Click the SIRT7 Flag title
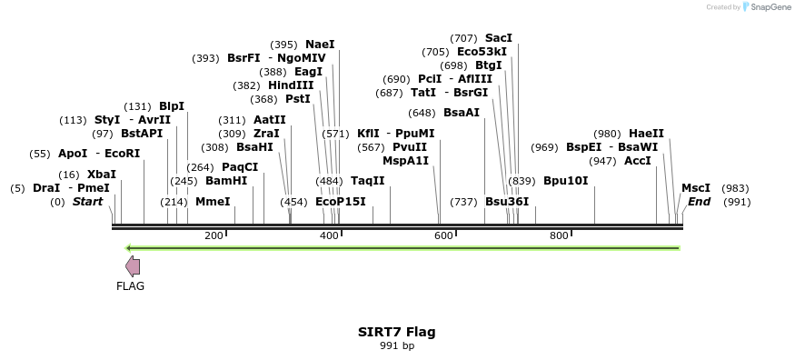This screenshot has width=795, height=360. [396, 332]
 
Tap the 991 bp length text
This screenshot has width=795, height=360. [396, 345]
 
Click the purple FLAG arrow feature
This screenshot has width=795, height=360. [133, 265]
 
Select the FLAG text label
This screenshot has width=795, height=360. [130, 285]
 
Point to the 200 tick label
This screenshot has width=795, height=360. [214, 236]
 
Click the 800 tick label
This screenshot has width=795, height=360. [559, 236]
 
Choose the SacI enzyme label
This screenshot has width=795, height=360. [499, 38]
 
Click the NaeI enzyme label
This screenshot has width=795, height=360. [320, 45]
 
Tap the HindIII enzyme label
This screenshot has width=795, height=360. [291, 85]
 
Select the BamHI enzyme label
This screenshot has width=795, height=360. [226, 181]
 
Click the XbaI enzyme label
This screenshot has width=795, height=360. [102, 175]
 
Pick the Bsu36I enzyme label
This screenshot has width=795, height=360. [507, 202]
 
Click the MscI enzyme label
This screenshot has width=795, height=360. [696, 188]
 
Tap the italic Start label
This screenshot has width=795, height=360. [88, 202]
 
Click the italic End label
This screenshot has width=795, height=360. [699, 202]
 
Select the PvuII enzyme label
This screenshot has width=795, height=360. [410, 147]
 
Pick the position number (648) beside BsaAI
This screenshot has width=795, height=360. [422, 113]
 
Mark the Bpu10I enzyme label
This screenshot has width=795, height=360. [566, 181]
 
